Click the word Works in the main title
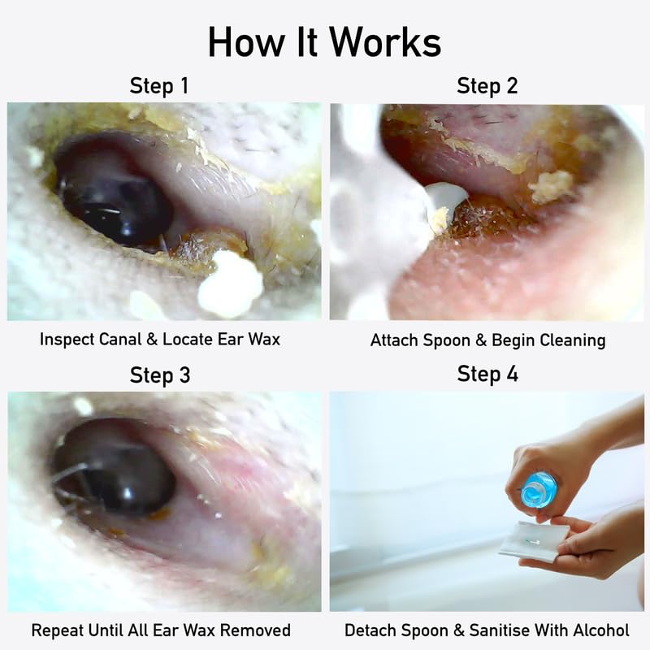coord(385,43)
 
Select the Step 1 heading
coord(159,86)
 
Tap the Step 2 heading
coord(487,86)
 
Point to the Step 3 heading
coord(160,375)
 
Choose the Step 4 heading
coord(487,374)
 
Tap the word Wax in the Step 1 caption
coord(264,339)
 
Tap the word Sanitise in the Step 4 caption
coord(498,630)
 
